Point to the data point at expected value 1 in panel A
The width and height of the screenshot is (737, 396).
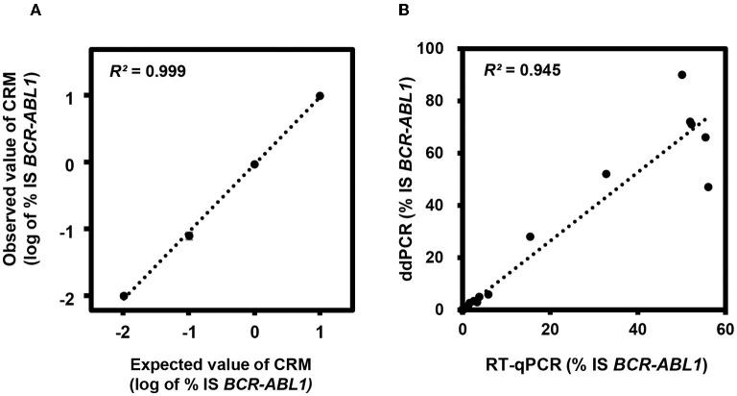pyautogui.click(x=320, y=96)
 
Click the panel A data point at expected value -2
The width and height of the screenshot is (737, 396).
pyautogui.click(x=124, y=296)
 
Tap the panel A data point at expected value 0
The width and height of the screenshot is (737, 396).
pyautogui.click(x=254, y=164)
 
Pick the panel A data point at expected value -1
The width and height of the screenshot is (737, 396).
pyautogui.click(x=189, y=235)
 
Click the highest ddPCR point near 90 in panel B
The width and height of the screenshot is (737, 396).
pyautogui.click(x=681, y=75)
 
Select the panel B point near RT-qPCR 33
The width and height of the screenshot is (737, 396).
pyautogui.click(x=606, y=174)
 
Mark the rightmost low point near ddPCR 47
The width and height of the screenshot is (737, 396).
pyautogui.click(x=708, y=186)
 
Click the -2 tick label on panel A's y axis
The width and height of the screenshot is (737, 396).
pyautogui.click(x=96, y=296)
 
